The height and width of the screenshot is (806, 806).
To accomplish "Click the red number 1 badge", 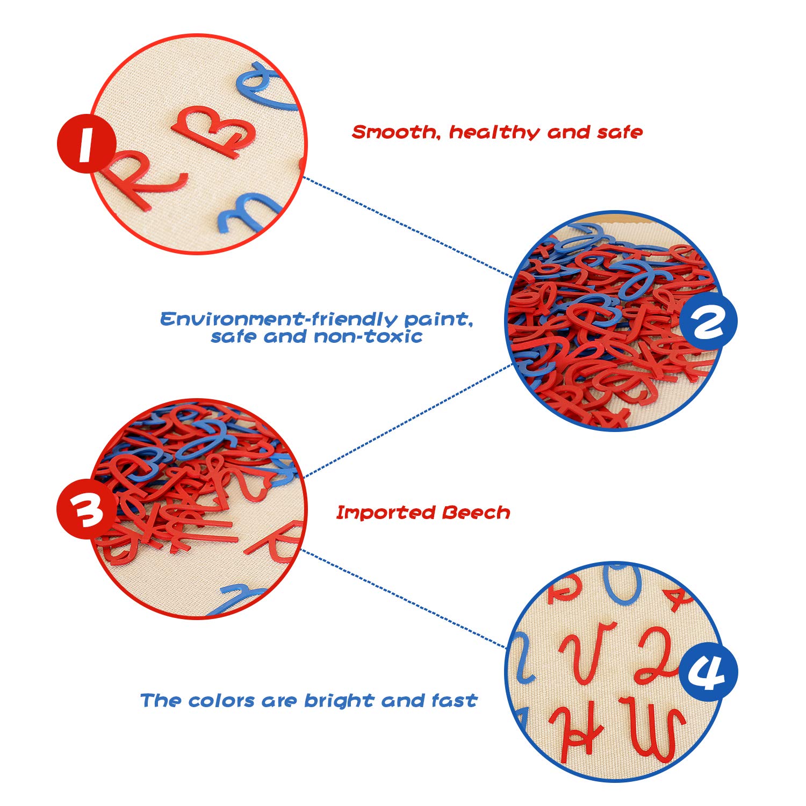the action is (x=87, y=143).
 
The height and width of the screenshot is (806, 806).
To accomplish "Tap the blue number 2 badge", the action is (x=708, y=322).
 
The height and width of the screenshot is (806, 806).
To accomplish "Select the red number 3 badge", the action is (x=87, y=510).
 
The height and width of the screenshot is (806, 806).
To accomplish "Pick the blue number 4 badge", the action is (x=708, y=672).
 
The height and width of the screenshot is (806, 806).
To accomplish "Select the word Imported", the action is (x=385, y=513).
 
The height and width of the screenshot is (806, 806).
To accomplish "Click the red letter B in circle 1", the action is (x=214, y=131).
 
